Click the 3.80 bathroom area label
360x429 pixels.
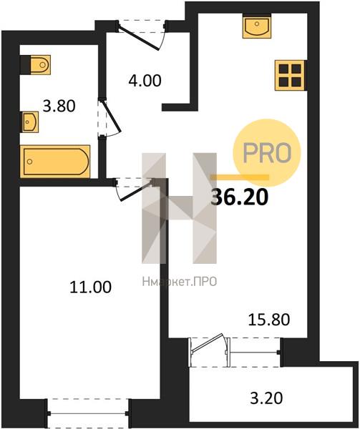[x=59, y=106]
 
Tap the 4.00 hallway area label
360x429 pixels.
[x=145, y=81]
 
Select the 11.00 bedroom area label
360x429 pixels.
[x=91, y=287]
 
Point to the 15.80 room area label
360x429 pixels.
[x=269, y=320]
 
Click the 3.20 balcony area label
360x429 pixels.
[x=266, y=398]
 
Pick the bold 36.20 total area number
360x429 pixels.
[x=240, y=197]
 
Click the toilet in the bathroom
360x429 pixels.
[x=36, y=65]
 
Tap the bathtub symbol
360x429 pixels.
[x=55, y=162]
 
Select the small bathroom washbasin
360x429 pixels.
[x=30, y=122]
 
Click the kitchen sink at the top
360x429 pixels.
[x=257, y=26]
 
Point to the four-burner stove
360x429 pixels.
[x=290, y=75]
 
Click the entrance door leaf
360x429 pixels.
[x=139, y=38]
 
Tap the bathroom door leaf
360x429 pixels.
[x=111, y=116]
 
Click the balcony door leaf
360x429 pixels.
[x=208, y=342]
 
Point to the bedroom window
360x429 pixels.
[x=87, y=413]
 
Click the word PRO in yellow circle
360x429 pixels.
[x=267, y=153]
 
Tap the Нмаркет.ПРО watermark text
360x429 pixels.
[x=180, y=282]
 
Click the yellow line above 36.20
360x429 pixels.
[x=240, y=177]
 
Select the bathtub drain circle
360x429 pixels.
[x=30, y=162]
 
